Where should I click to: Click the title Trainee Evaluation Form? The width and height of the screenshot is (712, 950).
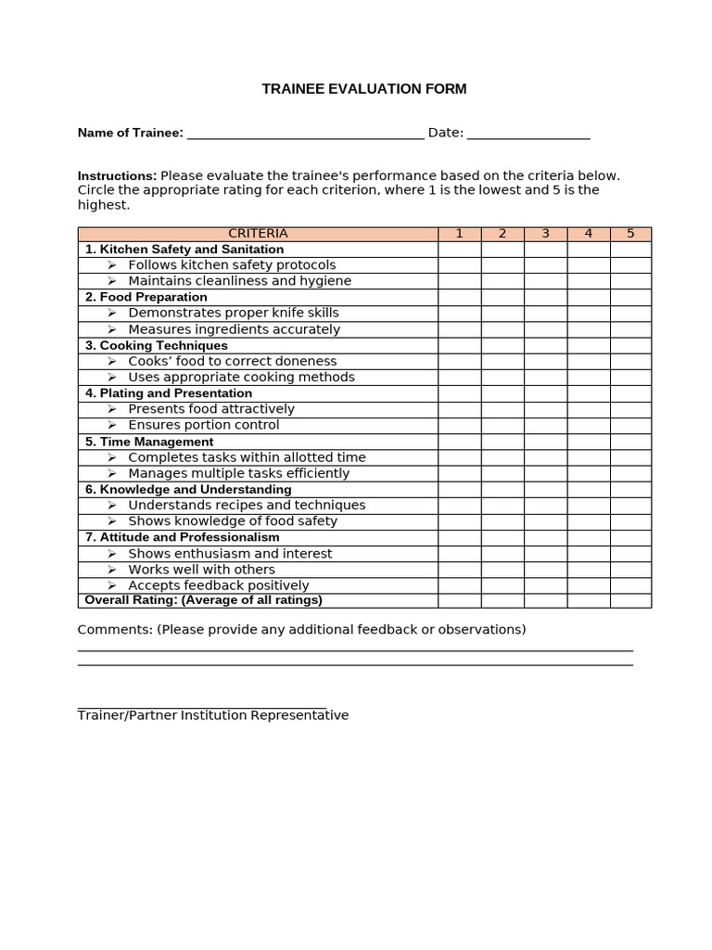(x=364, y=89)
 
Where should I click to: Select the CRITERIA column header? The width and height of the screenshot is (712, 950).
(x=258, y=234)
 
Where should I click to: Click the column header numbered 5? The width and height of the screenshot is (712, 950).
(x=630, y=234)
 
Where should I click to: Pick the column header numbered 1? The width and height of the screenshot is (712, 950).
(x=459, y=234)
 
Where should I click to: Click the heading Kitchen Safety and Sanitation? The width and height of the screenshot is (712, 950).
(x=184, y=250)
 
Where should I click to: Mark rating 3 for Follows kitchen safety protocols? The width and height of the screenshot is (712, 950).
(x=545, y=265)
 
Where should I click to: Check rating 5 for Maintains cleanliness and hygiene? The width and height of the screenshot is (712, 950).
(x=630, y=281)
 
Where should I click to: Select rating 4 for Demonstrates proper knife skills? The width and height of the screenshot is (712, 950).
(x=589, y=314)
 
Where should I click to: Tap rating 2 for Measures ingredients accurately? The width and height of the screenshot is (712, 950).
(x=502, y=329)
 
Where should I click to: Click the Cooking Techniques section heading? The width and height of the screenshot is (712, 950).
(x=156, y=345)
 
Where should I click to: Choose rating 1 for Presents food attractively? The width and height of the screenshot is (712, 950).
(x=459, y=409)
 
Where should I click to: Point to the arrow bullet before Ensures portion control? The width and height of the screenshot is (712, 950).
(x=111, y=425)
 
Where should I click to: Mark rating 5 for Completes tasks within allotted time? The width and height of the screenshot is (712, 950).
(x=630, y=457)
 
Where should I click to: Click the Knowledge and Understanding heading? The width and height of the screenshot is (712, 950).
(x=188, y=489)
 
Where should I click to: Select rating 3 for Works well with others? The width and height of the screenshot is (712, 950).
(x=545, y=570)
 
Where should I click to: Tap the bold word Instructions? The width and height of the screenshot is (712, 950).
(x=117, y=175)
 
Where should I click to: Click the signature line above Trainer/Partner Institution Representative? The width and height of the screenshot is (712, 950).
(x=202, y=706)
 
